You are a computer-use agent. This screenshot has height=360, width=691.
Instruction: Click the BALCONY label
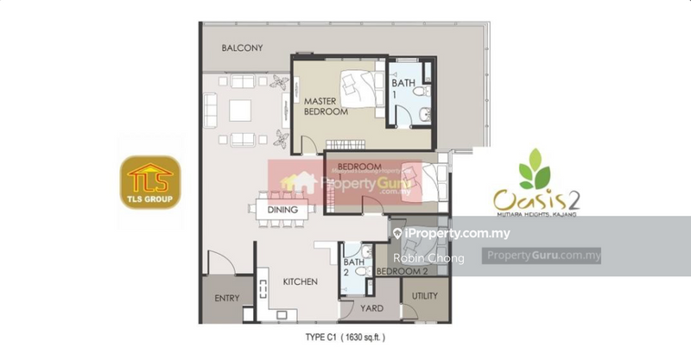[242, 48]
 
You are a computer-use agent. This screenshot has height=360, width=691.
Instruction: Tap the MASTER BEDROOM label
[325, 106]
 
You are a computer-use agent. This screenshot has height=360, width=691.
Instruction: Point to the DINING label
[282, 210]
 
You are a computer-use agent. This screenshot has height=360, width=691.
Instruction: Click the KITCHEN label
[300, 281]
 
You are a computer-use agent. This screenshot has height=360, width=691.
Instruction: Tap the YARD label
[372, 306]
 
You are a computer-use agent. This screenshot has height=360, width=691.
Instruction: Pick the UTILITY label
[424, 296]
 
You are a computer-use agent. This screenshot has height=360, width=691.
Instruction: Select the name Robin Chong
[428, 258]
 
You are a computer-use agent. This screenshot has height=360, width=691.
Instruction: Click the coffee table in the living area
[238, 111]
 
